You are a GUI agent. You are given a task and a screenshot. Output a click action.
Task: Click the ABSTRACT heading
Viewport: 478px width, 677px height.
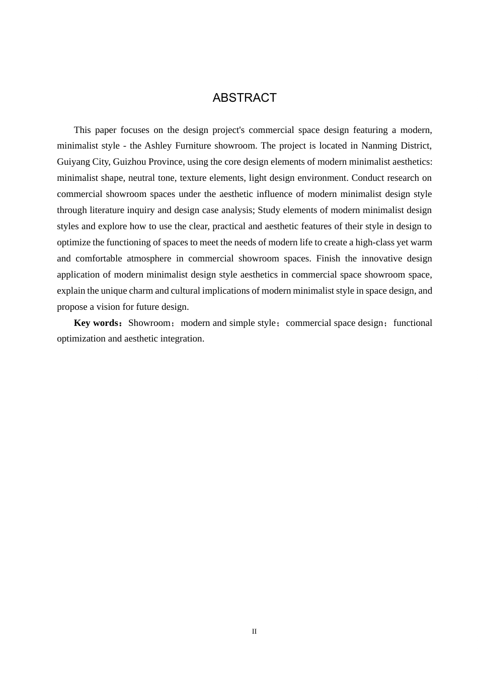point(245,98)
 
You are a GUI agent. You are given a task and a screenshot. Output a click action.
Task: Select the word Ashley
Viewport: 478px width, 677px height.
point(158,146)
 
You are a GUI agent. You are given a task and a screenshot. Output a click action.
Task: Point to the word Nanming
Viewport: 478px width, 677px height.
point(379,146)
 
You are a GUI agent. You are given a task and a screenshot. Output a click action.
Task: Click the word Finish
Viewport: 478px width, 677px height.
point(328,258)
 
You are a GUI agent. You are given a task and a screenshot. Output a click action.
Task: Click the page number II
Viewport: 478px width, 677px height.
point(254,631)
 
